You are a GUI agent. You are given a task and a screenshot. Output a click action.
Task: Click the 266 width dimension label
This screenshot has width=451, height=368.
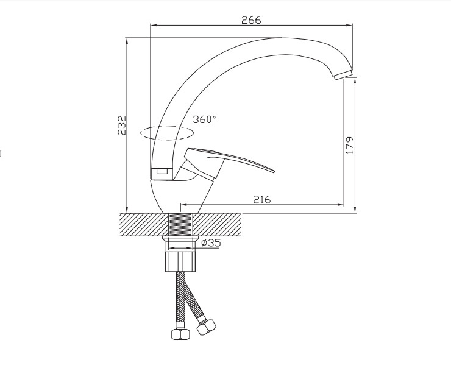[251, 20]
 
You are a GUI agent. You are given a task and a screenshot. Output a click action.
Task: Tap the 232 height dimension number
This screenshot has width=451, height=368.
[122, 126]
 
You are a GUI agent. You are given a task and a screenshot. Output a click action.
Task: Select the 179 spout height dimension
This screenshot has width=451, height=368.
[349, 145]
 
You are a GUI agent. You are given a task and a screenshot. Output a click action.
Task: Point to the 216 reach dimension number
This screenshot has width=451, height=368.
[261, 199]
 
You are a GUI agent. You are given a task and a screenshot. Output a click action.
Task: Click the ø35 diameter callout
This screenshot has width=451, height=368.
[211, 243]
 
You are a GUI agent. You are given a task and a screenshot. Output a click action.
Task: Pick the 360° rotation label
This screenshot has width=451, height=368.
[204, 119]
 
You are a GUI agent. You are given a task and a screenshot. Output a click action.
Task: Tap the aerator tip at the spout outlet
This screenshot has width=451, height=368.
[343, 75]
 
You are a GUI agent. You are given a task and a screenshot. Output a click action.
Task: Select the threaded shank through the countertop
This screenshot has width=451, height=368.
[180, 225]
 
